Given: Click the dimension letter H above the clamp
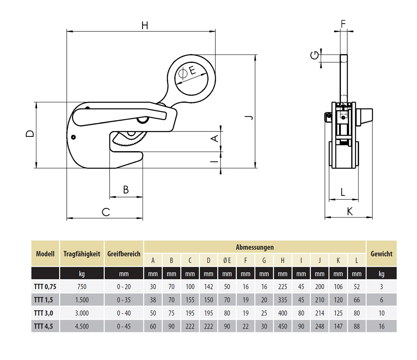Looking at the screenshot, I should point(145,25).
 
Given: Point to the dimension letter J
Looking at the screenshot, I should point(249,118).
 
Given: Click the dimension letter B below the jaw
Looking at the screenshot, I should point(126,189).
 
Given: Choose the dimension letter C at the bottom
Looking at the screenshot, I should point(106,212).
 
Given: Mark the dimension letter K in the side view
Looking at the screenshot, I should point(350,211).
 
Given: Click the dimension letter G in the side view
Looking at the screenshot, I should point(314,56).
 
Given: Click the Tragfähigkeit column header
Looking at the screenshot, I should point(82,254).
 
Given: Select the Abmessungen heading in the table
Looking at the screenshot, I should point(255,247).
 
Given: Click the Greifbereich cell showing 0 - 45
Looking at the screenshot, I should point(124,326).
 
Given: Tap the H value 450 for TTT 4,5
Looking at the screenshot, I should point(282,326).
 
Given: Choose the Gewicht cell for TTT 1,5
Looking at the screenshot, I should point(381,300).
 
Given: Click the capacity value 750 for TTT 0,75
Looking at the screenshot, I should point(82,287).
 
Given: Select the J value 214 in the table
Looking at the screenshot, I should point(320,313).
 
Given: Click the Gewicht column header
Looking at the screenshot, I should point(381,254).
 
